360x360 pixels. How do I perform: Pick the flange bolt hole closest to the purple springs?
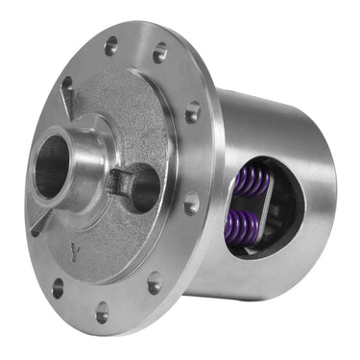click(193, 204)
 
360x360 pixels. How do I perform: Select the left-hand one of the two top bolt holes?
click(112, 44)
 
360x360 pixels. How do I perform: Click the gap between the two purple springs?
click(246, 204)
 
